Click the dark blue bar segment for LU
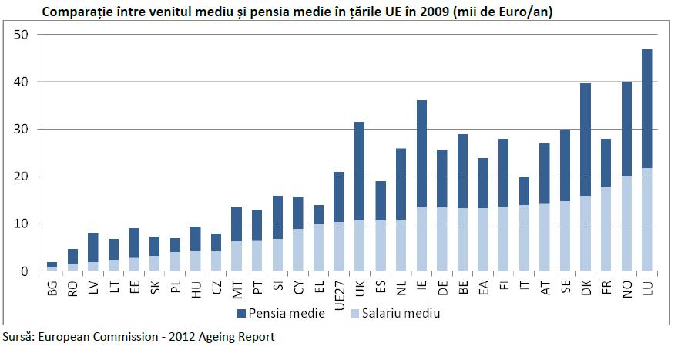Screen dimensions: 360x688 tap(646, 108)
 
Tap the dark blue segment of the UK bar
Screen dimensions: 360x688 tap(360, 170)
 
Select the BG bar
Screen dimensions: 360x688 tap(52, 267)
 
